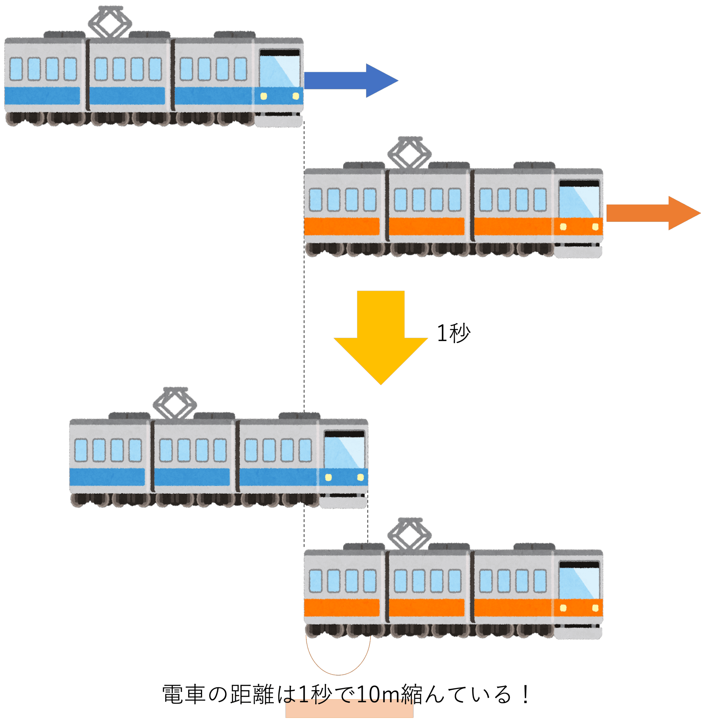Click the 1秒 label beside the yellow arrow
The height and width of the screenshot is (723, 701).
[x=453, y=333]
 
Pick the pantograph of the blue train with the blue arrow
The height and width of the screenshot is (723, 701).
[x=110, y=22]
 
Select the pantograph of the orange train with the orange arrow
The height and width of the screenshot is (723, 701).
[x=410, y=153]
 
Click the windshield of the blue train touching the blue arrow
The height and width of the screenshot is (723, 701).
[x=279, y=70]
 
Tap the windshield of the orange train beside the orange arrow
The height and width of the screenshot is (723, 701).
[x=579, y=201]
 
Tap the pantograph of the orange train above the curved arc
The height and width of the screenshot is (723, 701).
[x=410, y=534]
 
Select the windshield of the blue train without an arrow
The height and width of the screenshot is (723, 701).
[x=344, y=451]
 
